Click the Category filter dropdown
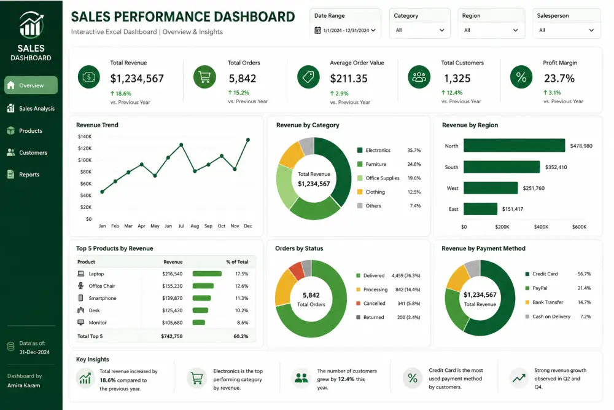click(x=420, y=30)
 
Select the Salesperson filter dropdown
click(x=566, y=30)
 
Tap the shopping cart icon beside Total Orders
click(x=204, y=77)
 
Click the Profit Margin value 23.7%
click(x=559, y=79)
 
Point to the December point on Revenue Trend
click(x=248, y=140)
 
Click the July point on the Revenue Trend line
click(x=181, y=144)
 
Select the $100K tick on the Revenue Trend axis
click(x=85, y=160)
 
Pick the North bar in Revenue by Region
click(x=514, y=145)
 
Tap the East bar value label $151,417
click(x=513, y=209)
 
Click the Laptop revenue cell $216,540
click(x=173, y=274)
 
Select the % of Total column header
click(x=237, y=262)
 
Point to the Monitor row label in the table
click(x=98, y=323)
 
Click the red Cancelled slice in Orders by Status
click(x=297, y=271)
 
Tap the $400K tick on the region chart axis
click(x=541, y=227)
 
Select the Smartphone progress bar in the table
click(x=201, y=298)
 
